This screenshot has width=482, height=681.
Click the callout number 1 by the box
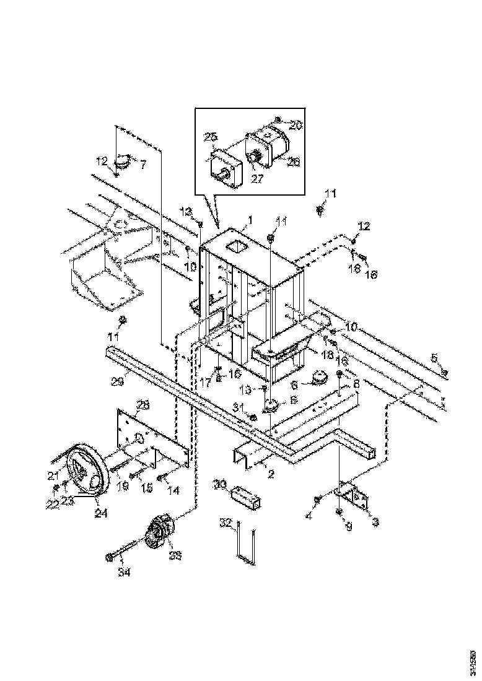[250, 220]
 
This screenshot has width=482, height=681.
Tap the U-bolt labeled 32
[244, 545]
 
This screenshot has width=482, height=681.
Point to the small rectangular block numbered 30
[247, 497]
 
